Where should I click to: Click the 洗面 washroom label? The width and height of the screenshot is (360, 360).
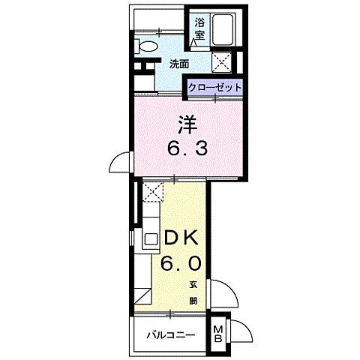(178, 64)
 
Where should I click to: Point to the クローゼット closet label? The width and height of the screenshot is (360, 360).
(215, 88)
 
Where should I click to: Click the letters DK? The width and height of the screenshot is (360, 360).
(181, 238)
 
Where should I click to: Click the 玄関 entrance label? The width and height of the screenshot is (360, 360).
(193, 292)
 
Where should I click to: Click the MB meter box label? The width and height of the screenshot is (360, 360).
(219, 333)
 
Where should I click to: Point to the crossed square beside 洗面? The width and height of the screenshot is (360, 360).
(221, 62)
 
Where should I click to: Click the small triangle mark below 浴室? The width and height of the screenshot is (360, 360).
(193, 43)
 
